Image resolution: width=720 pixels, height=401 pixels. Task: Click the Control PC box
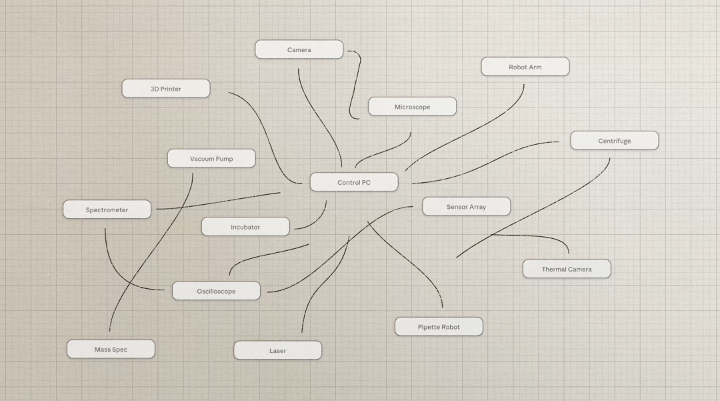[354, 182]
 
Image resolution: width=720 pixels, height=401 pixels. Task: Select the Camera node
[299, 49]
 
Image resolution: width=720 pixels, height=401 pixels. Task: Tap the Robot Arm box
[525, 67]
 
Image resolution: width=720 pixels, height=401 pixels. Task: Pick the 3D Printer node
[166, 88]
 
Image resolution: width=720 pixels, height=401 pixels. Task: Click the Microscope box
[413, 107]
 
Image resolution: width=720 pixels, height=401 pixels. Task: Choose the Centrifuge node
[615, 141]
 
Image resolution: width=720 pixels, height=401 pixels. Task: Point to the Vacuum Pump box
[211, 159]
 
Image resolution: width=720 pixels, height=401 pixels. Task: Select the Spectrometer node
[107, 210]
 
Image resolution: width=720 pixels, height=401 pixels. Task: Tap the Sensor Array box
[466, 206]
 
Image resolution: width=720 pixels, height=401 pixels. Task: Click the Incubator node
[245, 226]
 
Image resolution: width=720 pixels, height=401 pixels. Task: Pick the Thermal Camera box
[567, 269]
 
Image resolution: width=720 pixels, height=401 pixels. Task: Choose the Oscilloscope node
[216, 291]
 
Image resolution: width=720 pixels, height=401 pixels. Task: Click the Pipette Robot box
[439, 326]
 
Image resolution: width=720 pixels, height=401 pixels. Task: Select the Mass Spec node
[111, 349]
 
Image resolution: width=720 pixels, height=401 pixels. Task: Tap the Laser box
[278, 350]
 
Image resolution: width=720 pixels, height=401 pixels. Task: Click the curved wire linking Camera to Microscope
[355, 85]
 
